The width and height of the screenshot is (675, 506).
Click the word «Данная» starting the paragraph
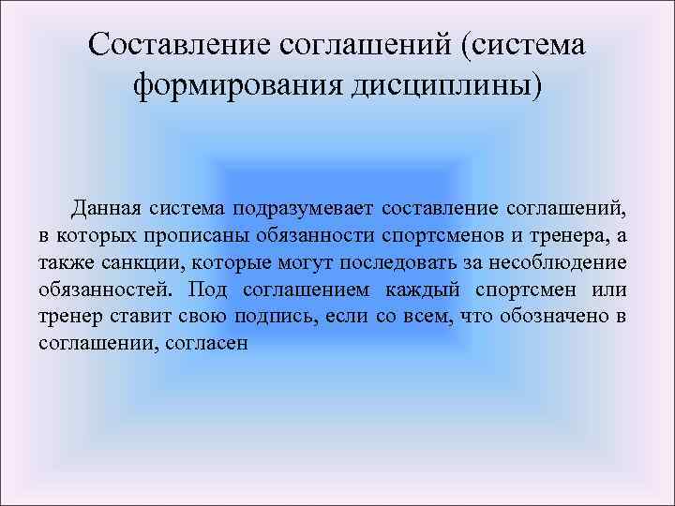pos(106,206)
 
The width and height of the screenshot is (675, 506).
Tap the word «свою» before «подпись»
pos(193,316)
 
